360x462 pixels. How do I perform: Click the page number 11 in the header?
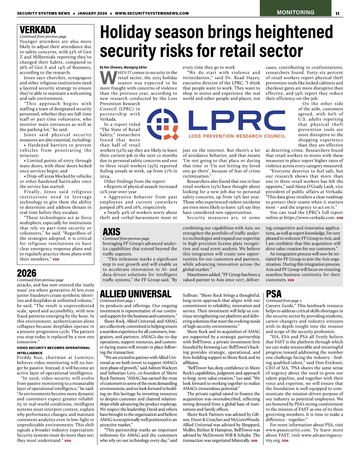pos(337,13)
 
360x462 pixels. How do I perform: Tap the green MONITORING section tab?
pos(295,12)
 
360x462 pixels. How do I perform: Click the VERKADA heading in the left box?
pos(38,30)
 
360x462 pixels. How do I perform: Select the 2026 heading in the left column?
pos(27,273)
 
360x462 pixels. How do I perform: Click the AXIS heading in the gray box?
pos(111,232)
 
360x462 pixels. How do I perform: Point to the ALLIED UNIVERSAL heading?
pos(136,294)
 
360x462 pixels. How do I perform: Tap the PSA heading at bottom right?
pos(274,294)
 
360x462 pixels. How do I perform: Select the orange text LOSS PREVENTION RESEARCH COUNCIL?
pos(237,136)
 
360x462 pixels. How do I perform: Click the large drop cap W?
pos(107,78)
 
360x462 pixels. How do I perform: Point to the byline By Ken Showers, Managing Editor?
pos(124,67)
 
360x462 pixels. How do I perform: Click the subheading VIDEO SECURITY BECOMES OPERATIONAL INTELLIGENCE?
pos(53,350)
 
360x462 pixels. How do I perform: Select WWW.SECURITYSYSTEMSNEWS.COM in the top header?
pos(152,13)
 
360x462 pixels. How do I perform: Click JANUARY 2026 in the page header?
pos(92,13)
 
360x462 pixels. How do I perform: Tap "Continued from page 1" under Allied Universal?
pos(117,300)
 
